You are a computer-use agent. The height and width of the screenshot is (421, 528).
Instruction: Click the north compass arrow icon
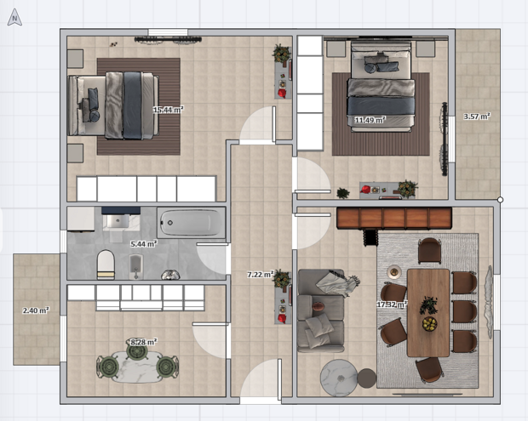tap(14, 18)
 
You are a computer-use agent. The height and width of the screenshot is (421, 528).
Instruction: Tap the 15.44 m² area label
tap(168, 110)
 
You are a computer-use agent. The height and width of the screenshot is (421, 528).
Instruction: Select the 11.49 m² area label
tap(370, 120)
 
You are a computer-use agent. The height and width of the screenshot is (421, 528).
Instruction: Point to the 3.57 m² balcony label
tap(477, 117)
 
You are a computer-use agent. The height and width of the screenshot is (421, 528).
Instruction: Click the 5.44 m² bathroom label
tap(144, 243)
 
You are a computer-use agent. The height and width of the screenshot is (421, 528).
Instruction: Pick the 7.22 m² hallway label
tap(261, 275)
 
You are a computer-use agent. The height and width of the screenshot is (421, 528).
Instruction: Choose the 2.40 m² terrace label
tap(36, 310)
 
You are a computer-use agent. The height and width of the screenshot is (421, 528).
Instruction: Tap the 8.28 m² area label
tap(144, 342)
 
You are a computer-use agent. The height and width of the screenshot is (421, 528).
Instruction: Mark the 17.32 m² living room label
tap(392, 304)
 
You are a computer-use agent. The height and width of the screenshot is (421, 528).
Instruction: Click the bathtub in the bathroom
tap(191, 223)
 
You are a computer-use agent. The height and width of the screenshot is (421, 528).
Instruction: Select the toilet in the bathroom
tap(106, 265)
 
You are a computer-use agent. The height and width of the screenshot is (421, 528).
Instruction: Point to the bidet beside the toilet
tap(136, 266)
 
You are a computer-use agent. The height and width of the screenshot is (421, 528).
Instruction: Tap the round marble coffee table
tap(338, 378)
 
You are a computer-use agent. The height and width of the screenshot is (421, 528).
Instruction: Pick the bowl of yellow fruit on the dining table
tap(430, 323)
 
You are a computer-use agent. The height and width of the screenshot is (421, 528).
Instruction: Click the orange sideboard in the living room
tap(394, 219)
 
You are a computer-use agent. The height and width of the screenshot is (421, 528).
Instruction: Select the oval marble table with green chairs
tap(137, 367)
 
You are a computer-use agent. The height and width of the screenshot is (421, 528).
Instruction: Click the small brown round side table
tap(367, 378)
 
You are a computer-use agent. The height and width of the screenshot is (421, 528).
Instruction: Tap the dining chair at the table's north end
tap(430, 251)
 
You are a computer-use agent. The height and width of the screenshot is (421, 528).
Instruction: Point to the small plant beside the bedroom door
tap(343, 193)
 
